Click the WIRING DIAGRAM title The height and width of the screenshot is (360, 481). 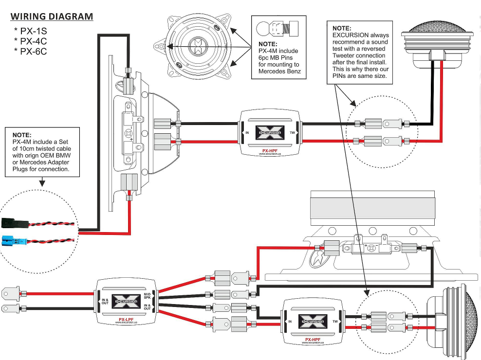tap(52, 17)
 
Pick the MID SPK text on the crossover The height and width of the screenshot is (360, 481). tap(148, 296)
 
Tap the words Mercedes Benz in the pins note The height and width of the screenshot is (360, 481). tap(279, 71)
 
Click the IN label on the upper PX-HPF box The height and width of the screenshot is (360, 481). tap(247, 132)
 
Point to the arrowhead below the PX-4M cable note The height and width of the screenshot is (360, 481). tap(42, 183)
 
